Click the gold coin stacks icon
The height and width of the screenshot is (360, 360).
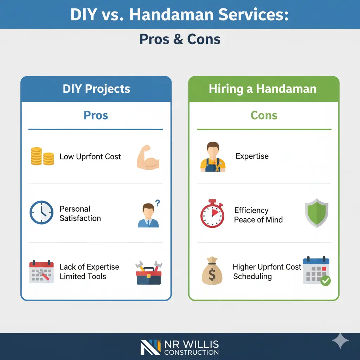click(x=42, y=156)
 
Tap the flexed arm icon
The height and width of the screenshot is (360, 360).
click(x=148, y=159)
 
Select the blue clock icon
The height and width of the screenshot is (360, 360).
click(x=41, y=212)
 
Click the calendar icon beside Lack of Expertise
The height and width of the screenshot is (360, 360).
click(x=41, y=271)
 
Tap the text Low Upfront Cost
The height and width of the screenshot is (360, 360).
click(x=90, y=157)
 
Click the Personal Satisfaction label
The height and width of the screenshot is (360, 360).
click(x=80, y=213)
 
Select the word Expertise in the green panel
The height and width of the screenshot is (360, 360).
click(x=252, y=156)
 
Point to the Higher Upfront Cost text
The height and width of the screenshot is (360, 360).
click(x=267, y=267)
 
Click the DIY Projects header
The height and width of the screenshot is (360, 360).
click(x=96, y=89)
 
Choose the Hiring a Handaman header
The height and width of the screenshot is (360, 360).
click(x=263, y=89)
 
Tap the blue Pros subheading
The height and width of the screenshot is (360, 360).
click(x=96, y=115)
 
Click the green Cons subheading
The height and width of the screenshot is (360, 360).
click(x=264, y=115)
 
